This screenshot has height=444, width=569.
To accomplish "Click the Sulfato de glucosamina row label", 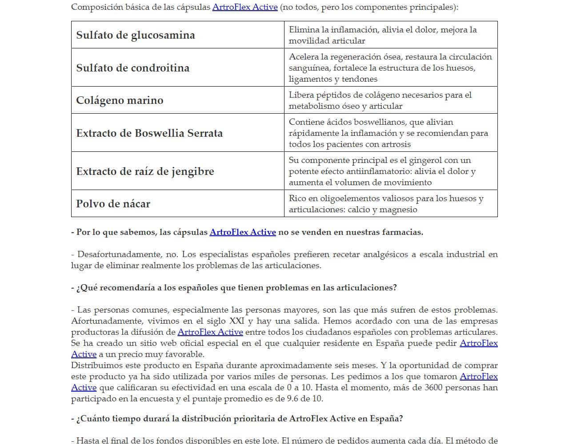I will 135,35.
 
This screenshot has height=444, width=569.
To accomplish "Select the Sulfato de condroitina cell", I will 132,68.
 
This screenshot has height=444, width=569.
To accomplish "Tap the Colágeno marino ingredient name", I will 120,100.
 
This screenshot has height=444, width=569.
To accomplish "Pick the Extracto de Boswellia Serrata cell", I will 149,133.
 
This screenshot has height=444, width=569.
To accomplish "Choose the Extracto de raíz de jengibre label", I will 145,171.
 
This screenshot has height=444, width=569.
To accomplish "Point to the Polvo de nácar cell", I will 113,204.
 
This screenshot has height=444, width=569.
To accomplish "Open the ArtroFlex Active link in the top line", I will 244,7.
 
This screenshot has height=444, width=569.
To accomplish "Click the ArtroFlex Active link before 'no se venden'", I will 242,232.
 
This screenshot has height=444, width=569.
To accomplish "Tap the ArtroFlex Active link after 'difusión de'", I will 210,332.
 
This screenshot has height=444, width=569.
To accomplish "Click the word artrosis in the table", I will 395,144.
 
